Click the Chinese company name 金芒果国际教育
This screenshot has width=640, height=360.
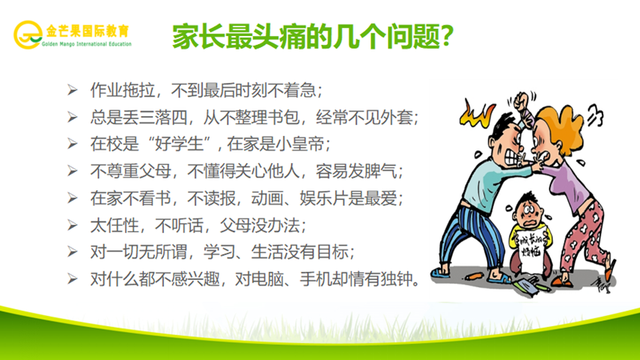[89, 30]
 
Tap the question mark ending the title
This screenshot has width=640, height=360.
[451, 36]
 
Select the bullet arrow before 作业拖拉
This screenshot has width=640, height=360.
[72, 88]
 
